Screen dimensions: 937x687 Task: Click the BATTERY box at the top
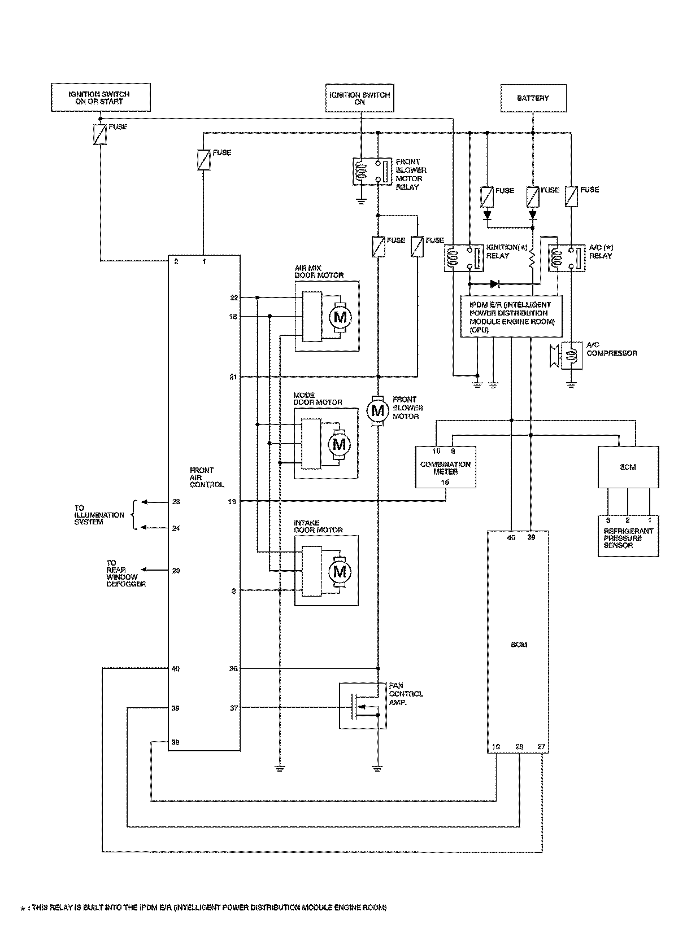[x=532, y=98]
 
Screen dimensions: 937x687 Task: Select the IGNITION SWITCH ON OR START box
[x=101, y=98]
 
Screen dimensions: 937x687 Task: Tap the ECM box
[x=628, y=467]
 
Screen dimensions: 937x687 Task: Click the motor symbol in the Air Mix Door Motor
[x=340, y=317]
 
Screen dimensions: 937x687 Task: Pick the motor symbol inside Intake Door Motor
[x=339, y=572]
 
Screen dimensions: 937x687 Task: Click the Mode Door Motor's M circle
[x=339, y=444]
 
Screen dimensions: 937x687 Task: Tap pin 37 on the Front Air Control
[x=233, y=708]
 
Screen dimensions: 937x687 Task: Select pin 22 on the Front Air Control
[x=233, y=297]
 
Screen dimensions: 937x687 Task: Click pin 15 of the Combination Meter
[x=445, y=482]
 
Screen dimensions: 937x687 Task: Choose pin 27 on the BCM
[x=541, y=746]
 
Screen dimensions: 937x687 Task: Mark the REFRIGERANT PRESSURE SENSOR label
[x=628, y=538]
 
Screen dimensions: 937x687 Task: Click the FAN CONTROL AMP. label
[x=406, y=694]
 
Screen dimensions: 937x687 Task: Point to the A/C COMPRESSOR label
[x=611, y=349]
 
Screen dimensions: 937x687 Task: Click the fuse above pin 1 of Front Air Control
[x=203, y=160]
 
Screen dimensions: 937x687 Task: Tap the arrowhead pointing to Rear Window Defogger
[x=144, y=571]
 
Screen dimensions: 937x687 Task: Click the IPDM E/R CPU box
[x=511, y=317]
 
